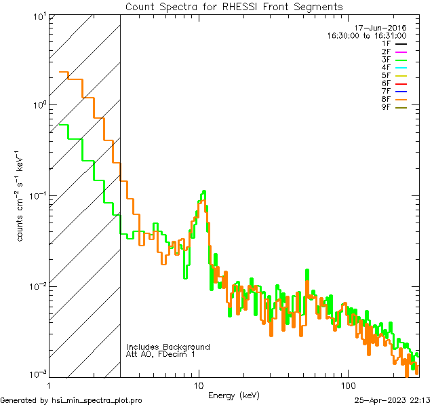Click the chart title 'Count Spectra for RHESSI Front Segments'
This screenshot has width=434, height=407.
coord(234,7)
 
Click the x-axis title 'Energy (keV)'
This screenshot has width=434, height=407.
coord(234,395)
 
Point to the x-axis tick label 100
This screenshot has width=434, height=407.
coord(348,385)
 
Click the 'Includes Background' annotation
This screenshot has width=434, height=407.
coord(168,347)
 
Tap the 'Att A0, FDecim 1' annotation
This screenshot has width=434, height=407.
coord(161,354)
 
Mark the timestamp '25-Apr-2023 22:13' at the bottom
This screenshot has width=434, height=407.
coord(392,400)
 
